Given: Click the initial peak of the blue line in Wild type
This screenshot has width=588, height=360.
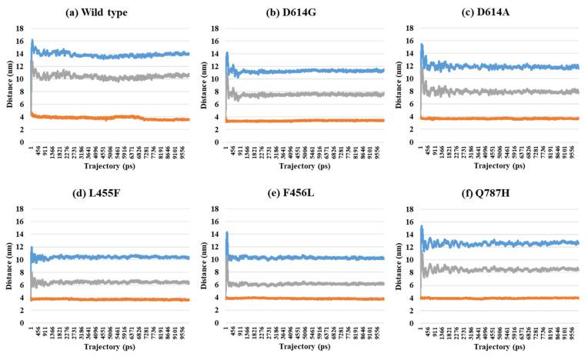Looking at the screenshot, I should [x=32, y=40].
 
